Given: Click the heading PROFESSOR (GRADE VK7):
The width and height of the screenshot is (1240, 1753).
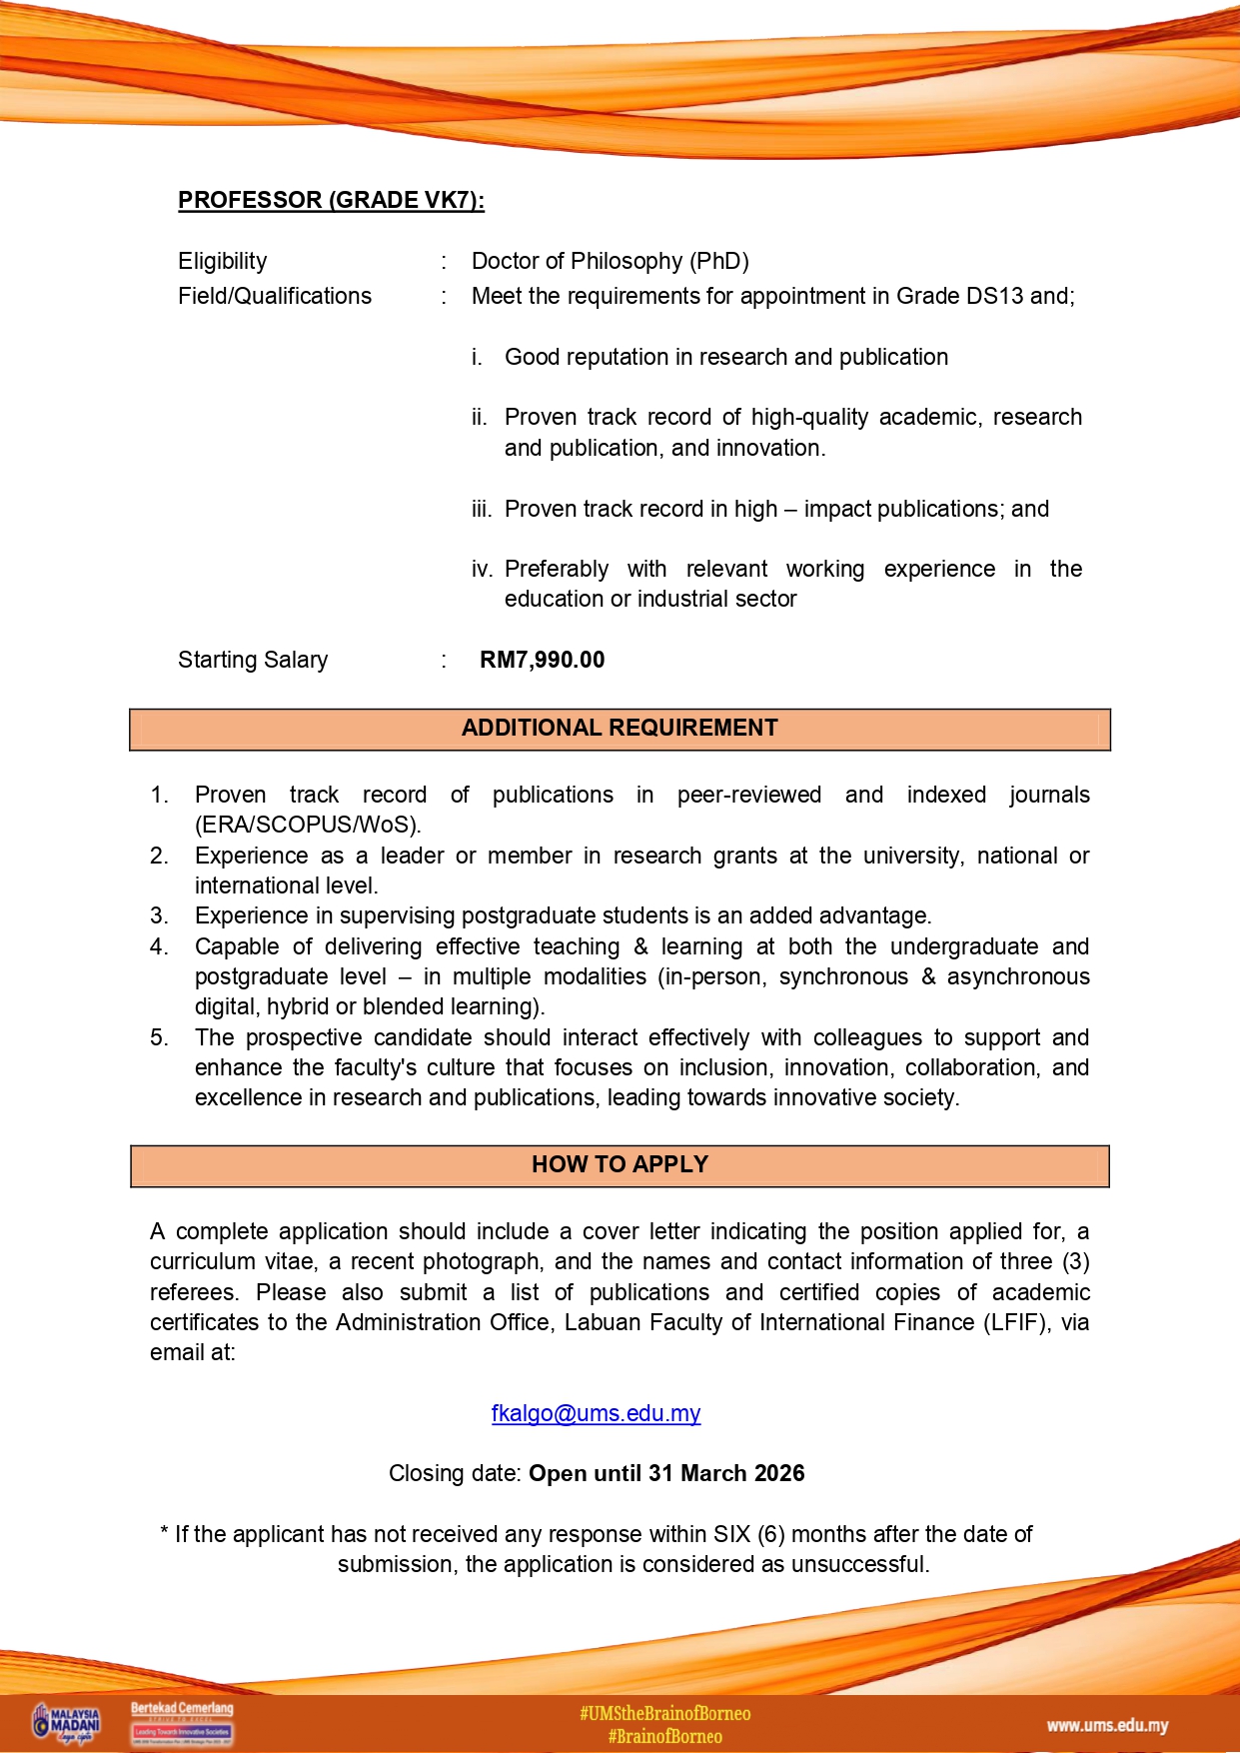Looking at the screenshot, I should pyautogui.click(x=331, y=200).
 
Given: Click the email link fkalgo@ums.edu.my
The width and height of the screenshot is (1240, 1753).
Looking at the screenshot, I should pyautogui.click(x=596, y=1413).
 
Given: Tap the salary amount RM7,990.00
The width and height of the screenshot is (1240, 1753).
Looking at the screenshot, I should pyautogui.click(x=542, y=660).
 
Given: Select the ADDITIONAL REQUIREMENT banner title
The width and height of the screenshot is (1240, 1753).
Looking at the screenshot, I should pyautogui.click(x=620, y=729).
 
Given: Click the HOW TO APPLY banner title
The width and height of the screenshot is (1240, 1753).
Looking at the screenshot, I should pyautogui.click(x=620, y=1165).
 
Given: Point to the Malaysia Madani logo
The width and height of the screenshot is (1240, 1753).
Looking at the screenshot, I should pyautogui.click(x=67, y=1723).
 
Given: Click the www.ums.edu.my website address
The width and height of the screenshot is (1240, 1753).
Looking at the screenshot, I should pyautogui.click(x=1107, y=1726).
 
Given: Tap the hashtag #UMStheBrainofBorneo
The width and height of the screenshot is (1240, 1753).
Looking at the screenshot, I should pyautogui.click(x=664, y=1714).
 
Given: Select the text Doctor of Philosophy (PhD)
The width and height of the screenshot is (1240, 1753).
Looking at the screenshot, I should pyautogui.click(x=610, y=262).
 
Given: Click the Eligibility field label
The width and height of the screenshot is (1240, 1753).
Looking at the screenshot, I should pyautogui.click(x=222, y=262).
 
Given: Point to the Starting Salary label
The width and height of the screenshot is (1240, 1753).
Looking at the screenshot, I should pyautogui.click(x=253, y=661).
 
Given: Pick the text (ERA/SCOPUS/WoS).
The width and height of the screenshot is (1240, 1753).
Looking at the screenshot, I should pyautogui.click(x=308, y=826).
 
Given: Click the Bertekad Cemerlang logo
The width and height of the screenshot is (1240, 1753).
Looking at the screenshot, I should pyautogui.click(x=182, y=1721).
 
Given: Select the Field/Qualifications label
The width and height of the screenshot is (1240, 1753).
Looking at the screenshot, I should pyautogui.click(x=275, y=297).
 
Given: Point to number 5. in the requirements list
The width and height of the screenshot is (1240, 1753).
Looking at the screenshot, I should pyautogui.click(x=159, y=1038).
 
